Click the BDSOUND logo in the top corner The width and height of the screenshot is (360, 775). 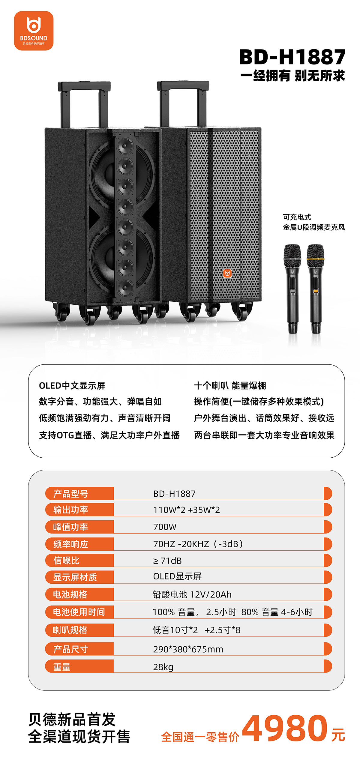click(34, 31)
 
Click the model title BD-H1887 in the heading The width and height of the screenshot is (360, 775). click(292, 57)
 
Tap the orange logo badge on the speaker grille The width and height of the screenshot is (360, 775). click(227, 273)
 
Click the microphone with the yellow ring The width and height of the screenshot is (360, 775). click(316, 289)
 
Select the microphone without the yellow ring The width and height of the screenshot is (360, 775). click(292, 289)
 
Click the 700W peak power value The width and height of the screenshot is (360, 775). click(165, 527)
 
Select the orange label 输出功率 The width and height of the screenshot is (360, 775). click(71, 510)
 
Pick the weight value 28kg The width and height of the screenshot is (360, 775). click(163, 667)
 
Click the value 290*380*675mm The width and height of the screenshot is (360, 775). click(188, 649)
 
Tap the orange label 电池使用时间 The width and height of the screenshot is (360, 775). click(79, 612)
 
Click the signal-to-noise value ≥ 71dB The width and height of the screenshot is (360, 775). click(167, 561)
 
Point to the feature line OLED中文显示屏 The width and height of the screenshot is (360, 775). click(72, 385)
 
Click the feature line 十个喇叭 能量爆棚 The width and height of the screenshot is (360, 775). click(230, 385)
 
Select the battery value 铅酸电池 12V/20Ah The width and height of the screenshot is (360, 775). click(192, 594)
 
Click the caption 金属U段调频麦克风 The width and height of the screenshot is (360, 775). click(314, 227)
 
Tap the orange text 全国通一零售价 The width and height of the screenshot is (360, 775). click(200, 737)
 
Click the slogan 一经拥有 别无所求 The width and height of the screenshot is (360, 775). click(292, 76)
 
